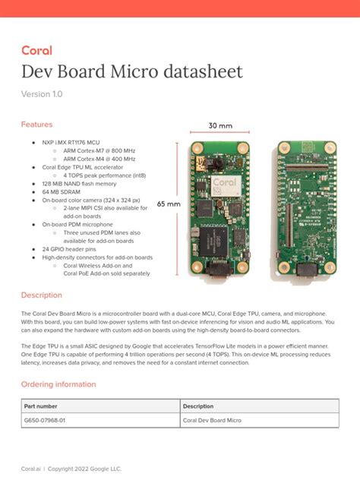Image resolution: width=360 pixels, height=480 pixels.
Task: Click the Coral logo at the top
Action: click(x=36, y=51)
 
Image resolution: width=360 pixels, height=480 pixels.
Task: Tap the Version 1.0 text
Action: click(x=42, y=94)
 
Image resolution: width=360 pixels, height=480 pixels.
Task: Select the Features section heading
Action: click(x=36, y=124)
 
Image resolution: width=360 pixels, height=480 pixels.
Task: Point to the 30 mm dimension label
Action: click(x=220, y=126)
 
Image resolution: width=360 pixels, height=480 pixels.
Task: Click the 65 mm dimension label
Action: click(x=169, y=204)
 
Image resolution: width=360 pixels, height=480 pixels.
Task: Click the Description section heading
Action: click(x=42, y=295)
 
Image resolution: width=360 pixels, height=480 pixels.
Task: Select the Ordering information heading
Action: click(x=58, y=384)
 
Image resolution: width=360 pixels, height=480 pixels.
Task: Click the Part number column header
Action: click(x=40, y=406)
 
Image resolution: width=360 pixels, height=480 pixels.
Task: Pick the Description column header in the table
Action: click(x=198, y=406)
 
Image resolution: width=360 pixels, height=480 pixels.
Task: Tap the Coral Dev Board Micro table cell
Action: click(x=212, y=420)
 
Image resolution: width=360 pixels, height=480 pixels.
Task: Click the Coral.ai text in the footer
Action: click(x=31, y=469)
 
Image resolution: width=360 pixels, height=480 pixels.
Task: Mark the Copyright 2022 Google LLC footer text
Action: click(x=85, y=469)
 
